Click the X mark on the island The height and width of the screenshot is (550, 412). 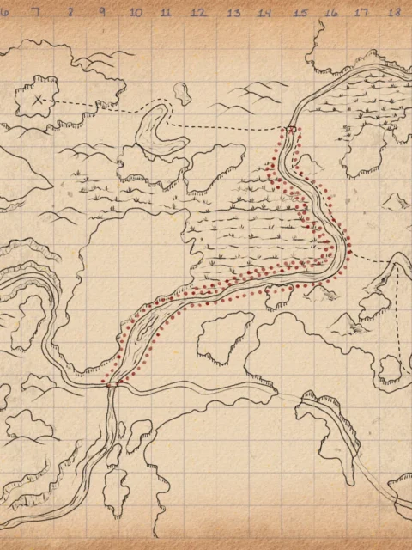[x=39, y=100]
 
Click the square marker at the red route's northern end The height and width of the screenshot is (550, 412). [x=291, y=129]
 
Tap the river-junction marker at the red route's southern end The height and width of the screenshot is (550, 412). [x=112, y=385]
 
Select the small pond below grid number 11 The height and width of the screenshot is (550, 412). [x=181, y=91]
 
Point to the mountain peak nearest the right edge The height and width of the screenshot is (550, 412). [x=397, y=200]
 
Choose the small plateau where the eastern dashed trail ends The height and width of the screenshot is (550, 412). [x=391, y=370]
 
